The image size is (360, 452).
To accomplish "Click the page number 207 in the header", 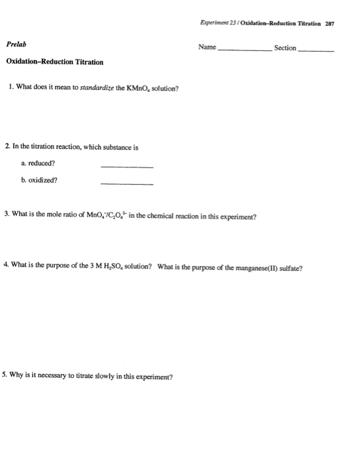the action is (x=330, y=23).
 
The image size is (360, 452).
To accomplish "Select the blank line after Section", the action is (x=316, y=51).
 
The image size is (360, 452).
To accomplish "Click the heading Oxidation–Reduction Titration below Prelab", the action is (x=54, y=62).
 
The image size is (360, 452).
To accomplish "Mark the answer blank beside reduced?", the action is (x=126, y=165).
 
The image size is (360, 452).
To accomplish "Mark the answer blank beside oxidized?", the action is (x=126, y=183).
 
